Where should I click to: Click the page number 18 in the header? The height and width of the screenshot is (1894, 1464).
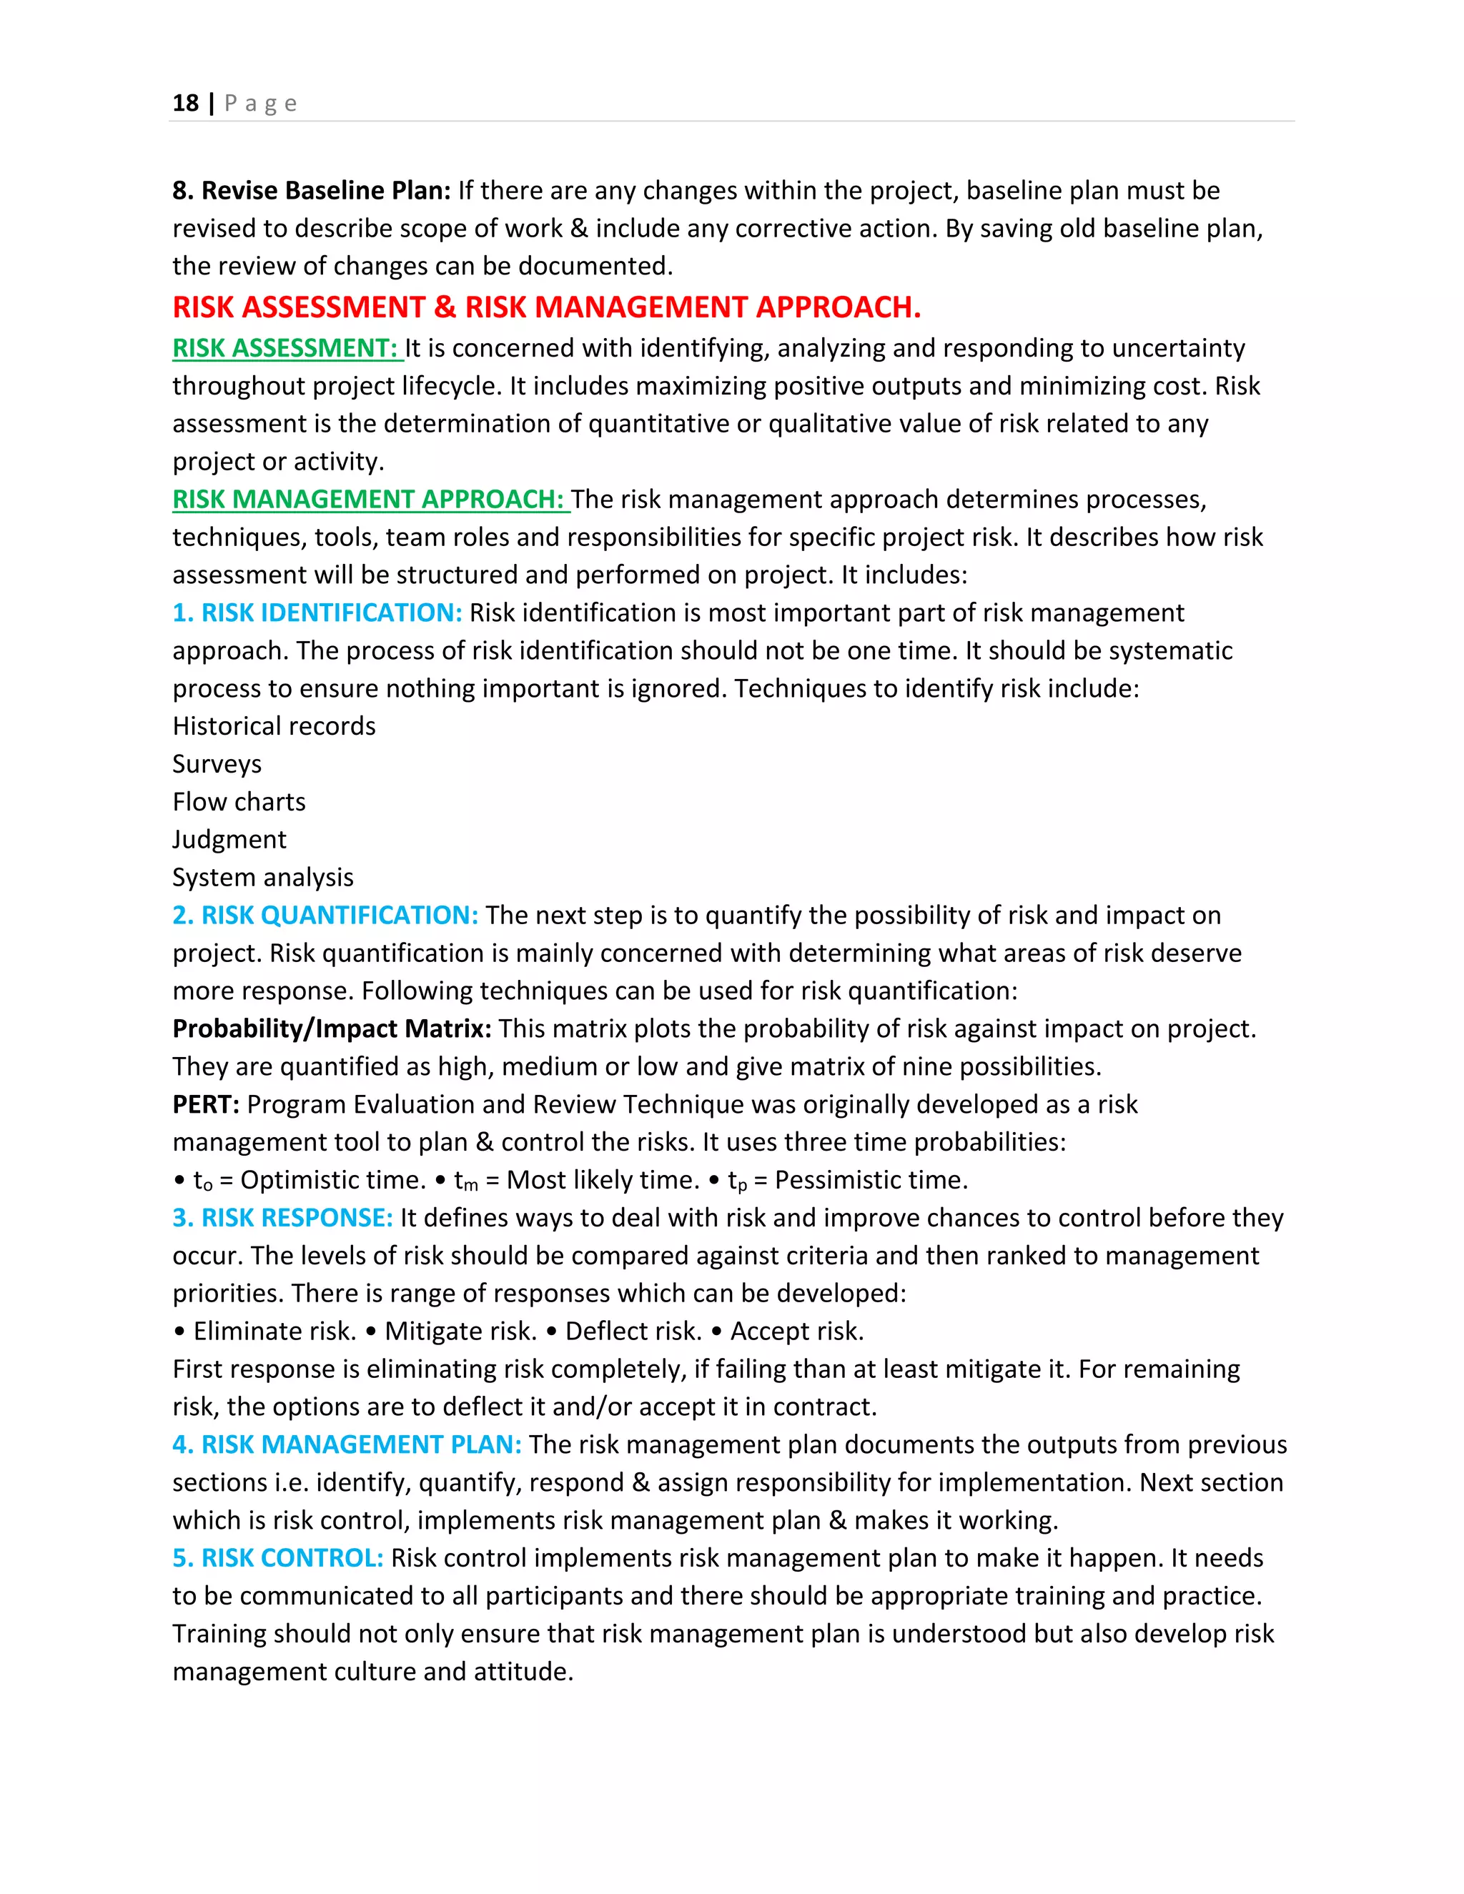(x=186, y=103)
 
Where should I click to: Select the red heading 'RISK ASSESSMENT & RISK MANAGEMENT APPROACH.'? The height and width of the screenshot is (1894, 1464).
(x=546, y=307)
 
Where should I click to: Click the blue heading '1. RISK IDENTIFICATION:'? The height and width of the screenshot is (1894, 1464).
(x=317, y=613)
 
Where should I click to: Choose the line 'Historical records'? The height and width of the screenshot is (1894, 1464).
(x=274, y=726)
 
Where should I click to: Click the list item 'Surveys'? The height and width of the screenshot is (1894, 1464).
(x=217, y=764)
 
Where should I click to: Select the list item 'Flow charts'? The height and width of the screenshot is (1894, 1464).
(x=239, y=802)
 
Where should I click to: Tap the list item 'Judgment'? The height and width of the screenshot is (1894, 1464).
(x=229, y=840)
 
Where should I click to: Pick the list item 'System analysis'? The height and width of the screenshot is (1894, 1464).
(x=263, y=878)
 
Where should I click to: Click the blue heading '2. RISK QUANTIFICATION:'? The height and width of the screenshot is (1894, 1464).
(x=325, y=916)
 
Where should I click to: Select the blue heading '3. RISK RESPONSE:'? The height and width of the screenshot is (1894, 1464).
(x=283, y=1219)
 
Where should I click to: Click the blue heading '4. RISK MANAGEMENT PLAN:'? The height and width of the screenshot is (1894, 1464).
(x=347, y=1444)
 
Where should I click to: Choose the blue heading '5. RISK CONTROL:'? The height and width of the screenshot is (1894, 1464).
(x=277, y=1558)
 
